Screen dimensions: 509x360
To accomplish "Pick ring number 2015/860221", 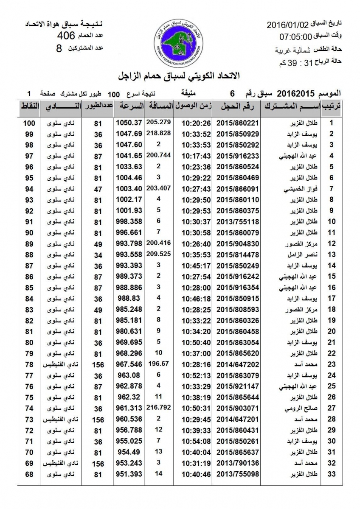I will click(238, 123).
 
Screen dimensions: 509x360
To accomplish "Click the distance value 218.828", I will click(158, 133).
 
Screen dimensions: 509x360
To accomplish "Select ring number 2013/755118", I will click(238, 221).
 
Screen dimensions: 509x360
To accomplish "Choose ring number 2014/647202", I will click(238, 364).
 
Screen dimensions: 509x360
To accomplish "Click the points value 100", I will click(29, 123).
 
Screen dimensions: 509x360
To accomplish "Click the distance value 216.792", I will click(158, 407).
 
